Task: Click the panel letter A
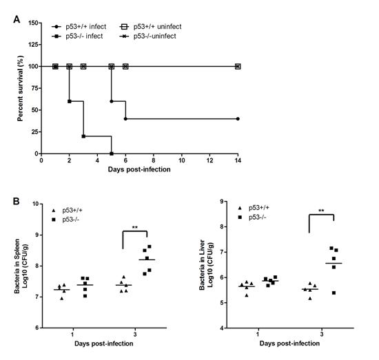17,19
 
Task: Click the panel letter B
17,201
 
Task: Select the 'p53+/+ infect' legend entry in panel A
79,27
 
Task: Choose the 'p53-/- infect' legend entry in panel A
77,36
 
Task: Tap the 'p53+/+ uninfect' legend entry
150,27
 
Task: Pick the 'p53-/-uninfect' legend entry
147,36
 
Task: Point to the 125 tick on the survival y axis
33,45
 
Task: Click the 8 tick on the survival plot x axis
154,160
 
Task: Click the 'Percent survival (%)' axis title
20,88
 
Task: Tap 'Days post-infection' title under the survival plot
139,169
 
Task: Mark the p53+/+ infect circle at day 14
238,119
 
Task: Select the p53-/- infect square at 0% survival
112,153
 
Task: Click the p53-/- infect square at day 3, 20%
83,136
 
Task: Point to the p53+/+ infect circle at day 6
125,119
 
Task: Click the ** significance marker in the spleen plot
135,227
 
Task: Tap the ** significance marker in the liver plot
321,211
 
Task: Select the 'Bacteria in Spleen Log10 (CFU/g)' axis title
21,266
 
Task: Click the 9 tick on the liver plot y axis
222,202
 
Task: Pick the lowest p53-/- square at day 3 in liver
334,293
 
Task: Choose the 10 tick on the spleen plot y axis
36,204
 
